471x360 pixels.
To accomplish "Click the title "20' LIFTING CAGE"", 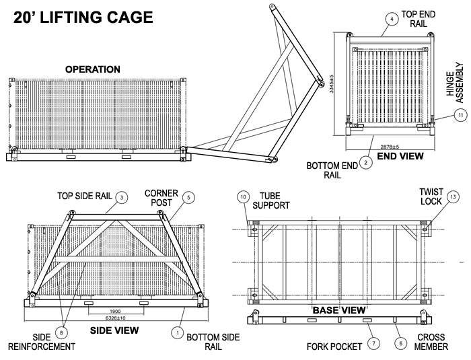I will click(82, 16).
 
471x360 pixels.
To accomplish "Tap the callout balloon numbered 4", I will click(392, 19).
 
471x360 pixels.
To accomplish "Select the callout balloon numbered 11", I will click(460, 115).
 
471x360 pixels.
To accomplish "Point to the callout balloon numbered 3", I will click(121, 197).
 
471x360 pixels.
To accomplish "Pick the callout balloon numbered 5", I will click(188, 197).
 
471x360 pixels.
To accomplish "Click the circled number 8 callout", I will click(62, 332).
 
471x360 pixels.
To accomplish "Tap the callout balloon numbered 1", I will click(178, 332).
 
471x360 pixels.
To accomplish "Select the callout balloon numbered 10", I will click(243, 196).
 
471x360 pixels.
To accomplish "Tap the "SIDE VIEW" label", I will click(114, 330).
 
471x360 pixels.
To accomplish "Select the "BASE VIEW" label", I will click(338, 310).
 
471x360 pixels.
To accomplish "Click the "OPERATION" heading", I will click(93, 69).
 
